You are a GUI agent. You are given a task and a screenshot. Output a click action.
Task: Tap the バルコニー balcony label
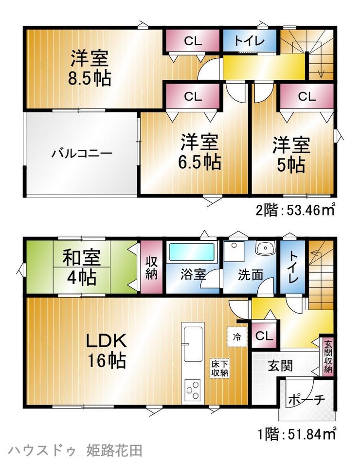(82, 154)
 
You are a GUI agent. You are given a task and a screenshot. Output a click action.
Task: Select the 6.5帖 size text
(199, 161)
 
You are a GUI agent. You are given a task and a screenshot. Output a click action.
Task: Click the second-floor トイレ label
(250, 41)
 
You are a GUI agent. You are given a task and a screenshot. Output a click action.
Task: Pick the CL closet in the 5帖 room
(306, 96)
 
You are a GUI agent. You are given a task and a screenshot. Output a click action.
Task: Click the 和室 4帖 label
(81, 267)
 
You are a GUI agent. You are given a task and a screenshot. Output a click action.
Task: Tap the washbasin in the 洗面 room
(265, 248)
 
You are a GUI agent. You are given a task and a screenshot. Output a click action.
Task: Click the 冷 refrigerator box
(237, 337)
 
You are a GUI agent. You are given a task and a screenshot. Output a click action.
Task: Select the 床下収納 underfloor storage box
(220, 368)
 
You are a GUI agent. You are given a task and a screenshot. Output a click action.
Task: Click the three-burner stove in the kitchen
(193, 390)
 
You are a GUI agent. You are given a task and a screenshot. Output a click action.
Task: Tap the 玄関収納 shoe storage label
(328, 357)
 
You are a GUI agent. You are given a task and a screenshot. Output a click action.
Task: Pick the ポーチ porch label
(306, 399)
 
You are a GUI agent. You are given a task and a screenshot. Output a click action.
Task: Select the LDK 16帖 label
(107, 352)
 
